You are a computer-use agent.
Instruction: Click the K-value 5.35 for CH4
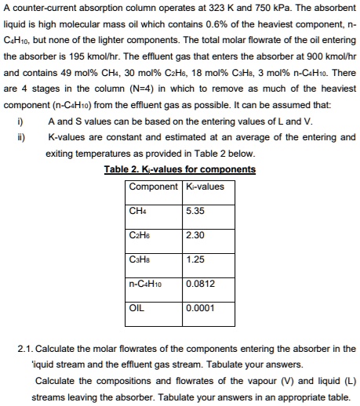tap(195, 211)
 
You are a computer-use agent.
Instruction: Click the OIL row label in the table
tap(138, 306)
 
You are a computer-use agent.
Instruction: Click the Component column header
tap(154, 187)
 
